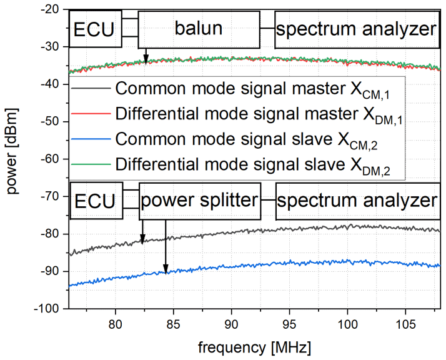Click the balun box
point(198,29)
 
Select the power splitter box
point(198,201)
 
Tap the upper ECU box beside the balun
point(96,30)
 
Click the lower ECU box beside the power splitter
point(96,202)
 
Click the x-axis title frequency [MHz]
point(255,346)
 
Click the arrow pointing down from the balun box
point(146,56)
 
